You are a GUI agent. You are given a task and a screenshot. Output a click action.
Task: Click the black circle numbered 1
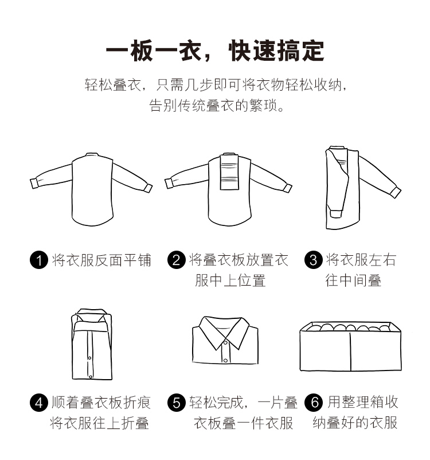39,260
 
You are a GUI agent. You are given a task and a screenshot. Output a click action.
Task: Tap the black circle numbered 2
176,260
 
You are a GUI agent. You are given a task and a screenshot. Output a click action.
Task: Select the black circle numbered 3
313,260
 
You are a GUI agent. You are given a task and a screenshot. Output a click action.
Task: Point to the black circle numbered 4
39,403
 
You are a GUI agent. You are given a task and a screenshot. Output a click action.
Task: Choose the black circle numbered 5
176,403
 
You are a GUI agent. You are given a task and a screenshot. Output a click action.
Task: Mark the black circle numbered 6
313,403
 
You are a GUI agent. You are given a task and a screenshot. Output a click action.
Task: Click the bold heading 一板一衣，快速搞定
214,50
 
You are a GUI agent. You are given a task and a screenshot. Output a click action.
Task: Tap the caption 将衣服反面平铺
101,260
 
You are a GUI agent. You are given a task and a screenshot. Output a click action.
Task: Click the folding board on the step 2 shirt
229,172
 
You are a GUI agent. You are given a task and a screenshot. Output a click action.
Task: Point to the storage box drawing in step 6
350,346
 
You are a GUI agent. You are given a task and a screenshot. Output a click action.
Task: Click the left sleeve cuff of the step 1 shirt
35,184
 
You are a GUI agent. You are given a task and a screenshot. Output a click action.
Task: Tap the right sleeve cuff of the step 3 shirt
396,192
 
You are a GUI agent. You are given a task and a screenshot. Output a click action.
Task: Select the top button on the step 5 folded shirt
225,342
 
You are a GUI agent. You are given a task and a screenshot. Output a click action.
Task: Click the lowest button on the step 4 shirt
91,377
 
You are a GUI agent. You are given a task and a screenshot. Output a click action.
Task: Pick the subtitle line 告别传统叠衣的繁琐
217,106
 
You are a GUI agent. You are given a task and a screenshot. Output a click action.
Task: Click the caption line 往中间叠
353,280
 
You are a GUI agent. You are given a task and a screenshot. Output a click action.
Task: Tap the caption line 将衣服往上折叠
99,423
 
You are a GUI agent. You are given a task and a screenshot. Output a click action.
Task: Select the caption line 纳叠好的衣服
355,423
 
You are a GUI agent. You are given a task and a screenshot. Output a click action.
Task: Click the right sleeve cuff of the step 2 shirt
287,188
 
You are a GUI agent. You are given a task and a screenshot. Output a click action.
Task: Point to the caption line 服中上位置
230,280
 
